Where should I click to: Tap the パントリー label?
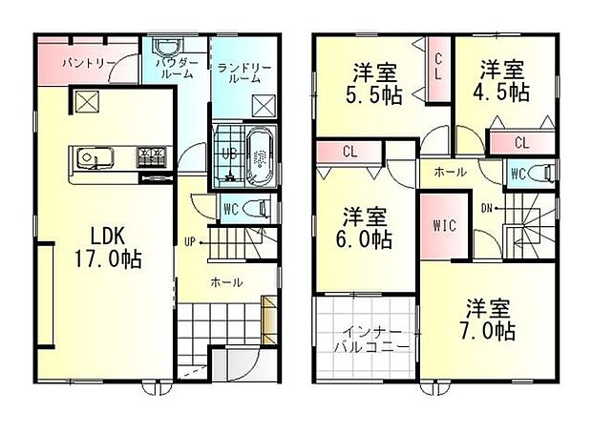88,63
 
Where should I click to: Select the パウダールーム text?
174,67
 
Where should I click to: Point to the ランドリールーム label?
244,72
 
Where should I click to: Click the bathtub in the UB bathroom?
261,154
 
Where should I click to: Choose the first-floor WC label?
230,207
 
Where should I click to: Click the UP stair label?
191,242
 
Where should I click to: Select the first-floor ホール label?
226,282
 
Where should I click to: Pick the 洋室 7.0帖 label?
490,320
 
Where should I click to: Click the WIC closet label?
443,226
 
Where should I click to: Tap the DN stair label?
487,208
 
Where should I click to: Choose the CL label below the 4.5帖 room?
521,143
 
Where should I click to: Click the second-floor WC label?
518,174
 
